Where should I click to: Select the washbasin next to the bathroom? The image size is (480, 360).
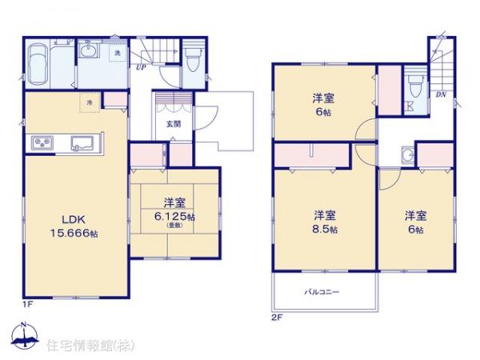pos(90,54)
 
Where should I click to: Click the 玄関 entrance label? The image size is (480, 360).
pos(174,124)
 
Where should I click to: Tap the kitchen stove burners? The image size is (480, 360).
pos(42,143)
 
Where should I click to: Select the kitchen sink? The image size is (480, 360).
pos(82,144)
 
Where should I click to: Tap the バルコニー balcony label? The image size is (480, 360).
pos(322,292)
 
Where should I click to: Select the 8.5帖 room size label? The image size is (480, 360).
pos(324,229)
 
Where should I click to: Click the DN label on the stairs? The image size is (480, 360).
pos(441,95)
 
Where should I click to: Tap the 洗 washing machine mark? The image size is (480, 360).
pos(117,53)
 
